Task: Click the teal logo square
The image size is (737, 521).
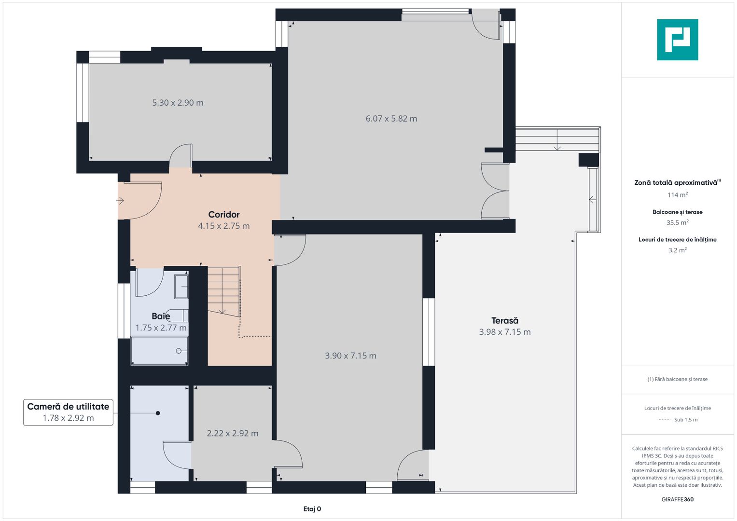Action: (x=678, y=40)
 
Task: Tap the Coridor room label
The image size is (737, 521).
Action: (x=224, y=215)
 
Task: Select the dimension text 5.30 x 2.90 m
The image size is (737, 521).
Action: (x=178, y=103)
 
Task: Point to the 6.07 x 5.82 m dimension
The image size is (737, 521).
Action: (x=391, y=118)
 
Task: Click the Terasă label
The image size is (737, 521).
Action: (x=505, y=320)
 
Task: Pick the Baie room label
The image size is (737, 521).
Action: (x=161, y=316)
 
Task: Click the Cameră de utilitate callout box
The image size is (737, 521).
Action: (x=68, y=412)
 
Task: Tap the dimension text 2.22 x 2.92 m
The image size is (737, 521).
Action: (x=232, y=433)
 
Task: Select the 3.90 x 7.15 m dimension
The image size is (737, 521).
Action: (x=350, y=356)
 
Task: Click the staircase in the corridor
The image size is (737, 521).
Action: (x=224, y=291)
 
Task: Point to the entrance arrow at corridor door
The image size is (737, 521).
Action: (x=120, y=200)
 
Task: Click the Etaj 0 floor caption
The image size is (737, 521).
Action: (x=312, y=509)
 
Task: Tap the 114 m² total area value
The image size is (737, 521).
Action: (x=678, y=195)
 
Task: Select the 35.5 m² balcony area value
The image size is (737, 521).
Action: (x=678, y=222)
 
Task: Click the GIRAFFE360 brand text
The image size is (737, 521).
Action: (x=678, y=499)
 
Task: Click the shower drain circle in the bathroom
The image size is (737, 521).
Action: (x=179, y=351)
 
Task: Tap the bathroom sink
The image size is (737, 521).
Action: (x=181, y=287)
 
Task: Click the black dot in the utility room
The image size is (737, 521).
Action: (x=158, y=413)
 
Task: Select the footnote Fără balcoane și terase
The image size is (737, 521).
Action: (x=678, y=379)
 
